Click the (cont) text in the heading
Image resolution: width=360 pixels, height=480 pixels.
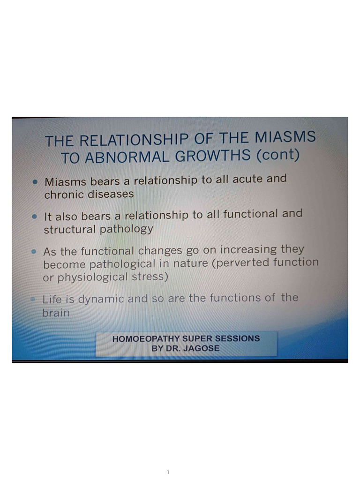[277, 154]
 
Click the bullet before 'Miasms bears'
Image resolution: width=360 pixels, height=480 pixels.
[35, 181]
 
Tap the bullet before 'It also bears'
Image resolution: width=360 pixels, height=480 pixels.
[34, 217]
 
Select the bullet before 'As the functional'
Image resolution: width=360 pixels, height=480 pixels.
[34, 252]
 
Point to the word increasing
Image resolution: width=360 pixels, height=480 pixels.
[249, 249]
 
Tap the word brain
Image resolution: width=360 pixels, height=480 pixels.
[56, 312]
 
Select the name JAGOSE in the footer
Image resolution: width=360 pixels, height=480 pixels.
[202, 348]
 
